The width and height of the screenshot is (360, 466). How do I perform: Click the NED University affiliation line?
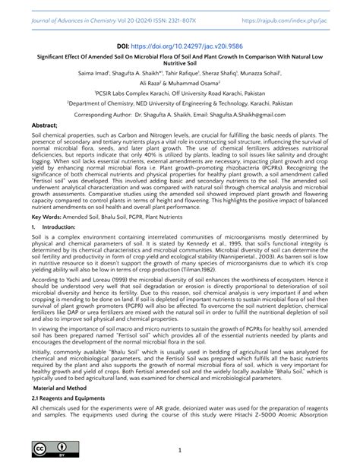click(180, 121)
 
